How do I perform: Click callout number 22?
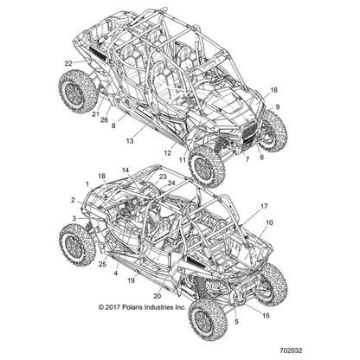point(68,63)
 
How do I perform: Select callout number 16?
point(273,90)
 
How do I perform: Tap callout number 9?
point(278,107)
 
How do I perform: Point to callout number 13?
point(130,141)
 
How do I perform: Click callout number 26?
point(105,120)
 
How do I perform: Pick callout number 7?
point(247,159)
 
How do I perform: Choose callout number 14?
point(125,170)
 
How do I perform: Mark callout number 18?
point(102,176)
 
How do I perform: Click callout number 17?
point(264,206)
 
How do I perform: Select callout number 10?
point(269,222)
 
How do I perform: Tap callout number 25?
point(102,264)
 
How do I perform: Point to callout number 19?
point(131,280)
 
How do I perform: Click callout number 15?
point(266,316)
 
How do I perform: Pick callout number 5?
point(236,322)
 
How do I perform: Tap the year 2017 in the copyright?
point(112,307)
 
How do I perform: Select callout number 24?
point(171,183)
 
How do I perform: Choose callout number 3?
point(74,219)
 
